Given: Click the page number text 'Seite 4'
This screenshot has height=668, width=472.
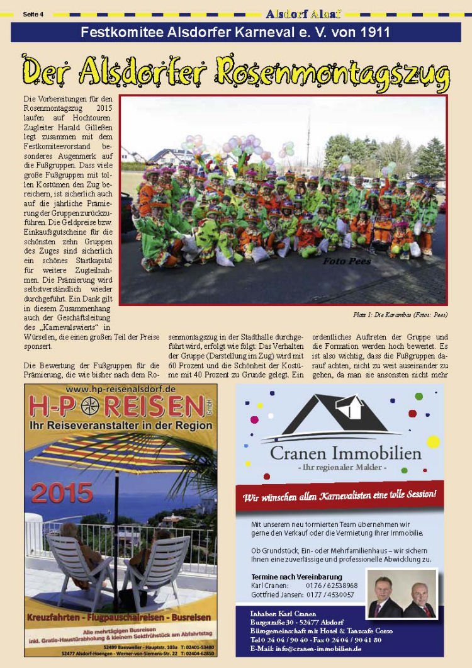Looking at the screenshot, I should coord(33,14).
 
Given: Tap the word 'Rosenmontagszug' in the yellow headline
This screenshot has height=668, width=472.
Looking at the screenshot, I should coord(333,71).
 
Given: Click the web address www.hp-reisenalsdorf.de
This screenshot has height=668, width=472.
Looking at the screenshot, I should coord(120,389).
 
